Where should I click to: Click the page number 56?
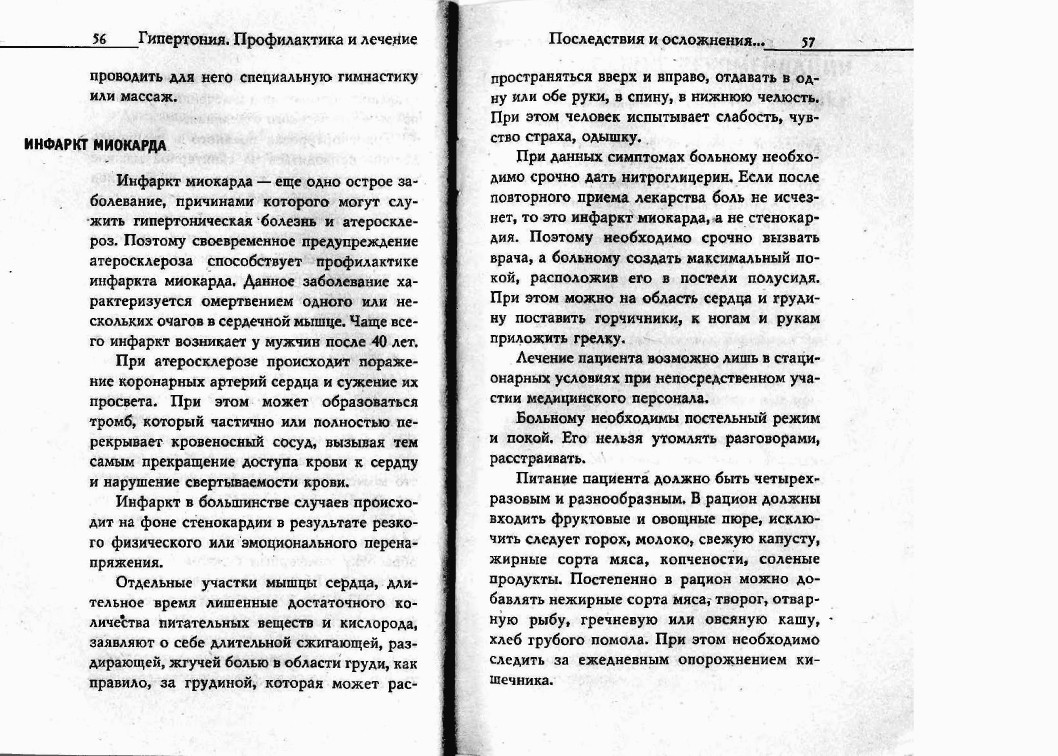coord(99,40)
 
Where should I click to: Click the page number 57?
coord(807,42)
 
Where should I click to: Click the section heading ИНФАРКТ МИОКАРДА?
coord(95,144)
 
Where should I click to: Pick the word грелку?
coord(591,338)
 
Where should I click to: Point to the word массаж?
coord(151,97)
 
